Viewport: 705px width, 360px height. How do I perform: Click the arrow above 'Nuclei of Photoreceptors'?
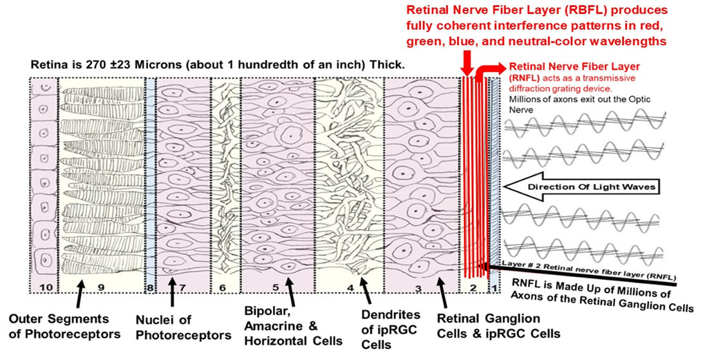click(171, 299)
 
